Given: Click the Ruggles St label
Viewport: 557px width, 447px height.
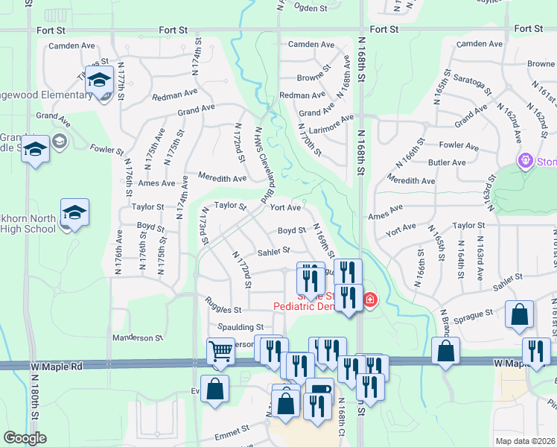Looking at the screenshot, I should [223, 309].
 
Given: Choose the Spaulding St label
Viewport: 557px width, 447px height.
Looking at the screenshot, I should [241, 327].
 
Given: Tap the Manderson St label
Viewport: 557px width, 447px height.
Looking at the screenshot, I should [137, 337].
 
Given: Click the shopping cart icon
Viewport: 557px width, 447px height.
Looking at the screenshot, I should [220, 350].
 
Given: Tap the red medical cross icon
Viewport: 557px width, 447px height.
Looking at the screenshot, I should [369, 300].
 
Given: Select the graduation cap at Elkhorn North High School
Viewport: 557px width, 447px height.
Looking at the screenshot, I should [74, 213].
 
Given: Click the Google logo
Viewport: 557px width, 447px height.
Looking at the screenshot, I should [25, 438].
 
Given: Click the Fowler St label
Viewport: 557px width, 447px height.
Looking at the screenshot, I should [106, 149].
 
